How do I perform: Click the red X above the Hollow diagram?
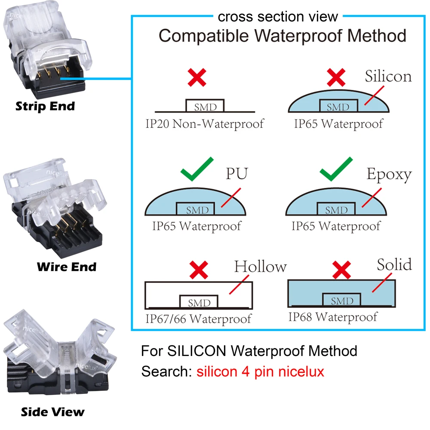(198, 270)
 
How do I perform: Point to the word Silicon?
(388, 76)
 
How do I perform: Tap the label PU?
(237, 175)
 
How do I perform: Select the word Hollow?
(260, 267)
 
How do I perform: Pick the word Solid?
(394, 264)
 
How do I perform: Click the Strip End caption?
(45, 106)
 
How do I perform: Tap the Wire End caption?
(67, 267)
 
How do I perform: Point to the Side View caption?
(53, 412)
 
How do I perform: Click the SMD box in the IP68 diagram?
(342, 300)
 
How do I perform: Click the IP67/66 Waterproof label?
(198, 319)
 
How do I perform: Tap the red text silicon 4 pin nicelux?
(260, 371)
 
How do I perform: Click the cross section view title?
(278, 17)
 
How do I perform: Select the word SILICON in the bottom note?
(197, 351)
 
